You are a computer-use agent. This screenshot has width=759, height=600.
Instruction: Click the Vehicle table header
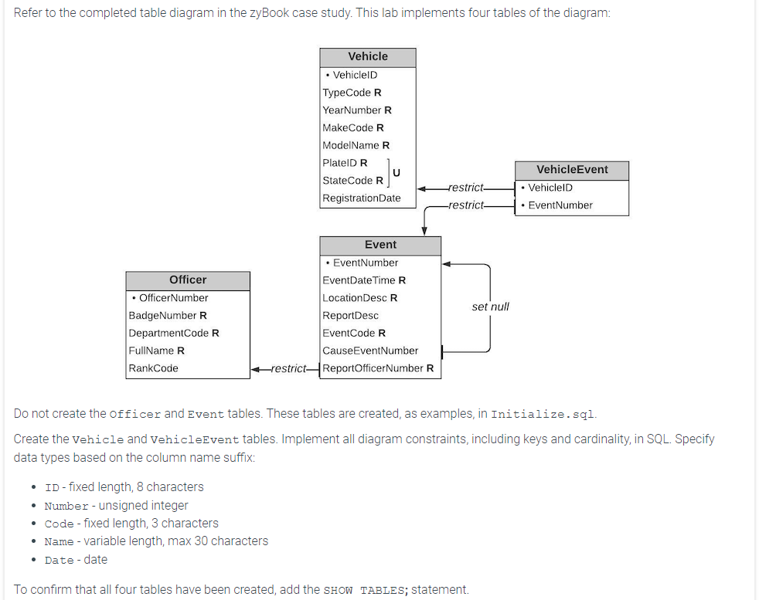(x=368, y=56)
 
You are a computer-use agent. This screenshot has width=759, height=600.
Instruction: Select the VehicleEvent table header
(x=572, y=170)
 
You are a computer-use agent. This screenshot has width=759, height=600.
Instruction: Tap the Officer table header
(x=188, y=280)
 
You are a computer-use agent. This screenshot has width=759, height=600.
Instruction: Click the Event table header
(x=380, y=245)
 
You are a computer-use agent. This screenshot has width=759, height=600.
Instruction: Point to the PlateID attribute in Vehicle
(x=345, y=163)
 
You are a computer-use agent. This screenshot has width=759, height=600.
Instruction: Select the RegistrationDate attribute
(x=362, y=198)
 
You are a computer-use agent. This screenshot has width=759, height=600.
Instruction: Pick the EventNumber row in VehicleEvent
(x=560, y=205)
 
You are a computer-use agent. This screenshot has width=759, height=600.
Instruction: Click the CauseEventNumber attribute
(x=370, y=351)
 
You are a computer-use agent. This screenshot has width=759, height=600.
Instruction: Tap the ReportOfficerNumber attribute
(x=377, y=368)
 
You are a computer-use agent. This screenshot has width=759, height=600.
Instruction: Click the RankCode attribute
(x=154, y=368)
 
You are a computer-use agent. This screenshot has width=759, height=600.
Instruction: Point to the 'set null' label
(x=490, y=307)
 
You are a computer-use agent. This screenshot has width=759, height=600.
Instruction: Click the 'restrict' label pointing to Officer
(x=288, y=368)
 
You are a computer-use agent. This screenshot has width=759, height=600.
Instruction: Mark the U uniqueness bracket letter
(x=396, y=171)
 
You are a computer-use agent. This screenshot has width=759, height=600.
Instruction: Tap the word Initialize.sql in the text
(x=543, y=414)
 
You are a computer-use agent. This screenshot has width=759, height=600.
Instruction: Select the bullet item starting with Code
(x=131, y=524)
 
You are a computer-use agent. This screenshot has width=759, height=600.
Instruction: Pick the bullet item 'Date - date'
(x=76, y=560)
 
